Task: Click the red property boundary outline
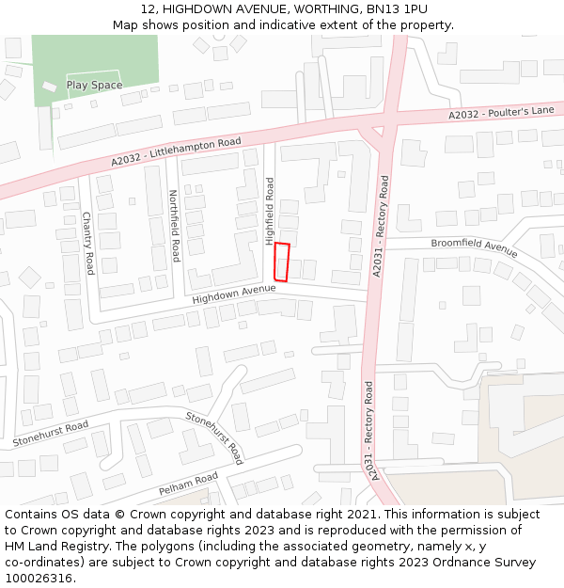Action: [281, 262]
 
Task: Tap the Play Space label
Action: [94, 86]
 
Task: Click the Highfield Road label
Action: [269, 199]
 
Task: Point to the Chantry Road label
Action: [87, 243]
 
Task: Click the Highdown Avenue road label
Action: [233, 294]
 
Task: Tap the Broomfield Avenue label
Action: [474, 247]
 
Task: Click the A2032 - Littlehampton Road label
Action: [176, 152]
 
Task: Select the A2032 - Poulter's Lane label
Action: [501, 112]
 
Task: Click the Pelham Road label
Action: [188, 484]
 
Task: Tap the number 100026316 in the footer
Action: [39, 579]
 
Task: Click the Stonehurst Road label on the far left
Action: [51, 434]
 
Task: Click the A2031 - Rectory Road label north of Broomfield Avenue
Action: [382, 226]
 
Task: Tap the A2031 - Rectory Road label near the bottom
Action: [371, 431]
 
